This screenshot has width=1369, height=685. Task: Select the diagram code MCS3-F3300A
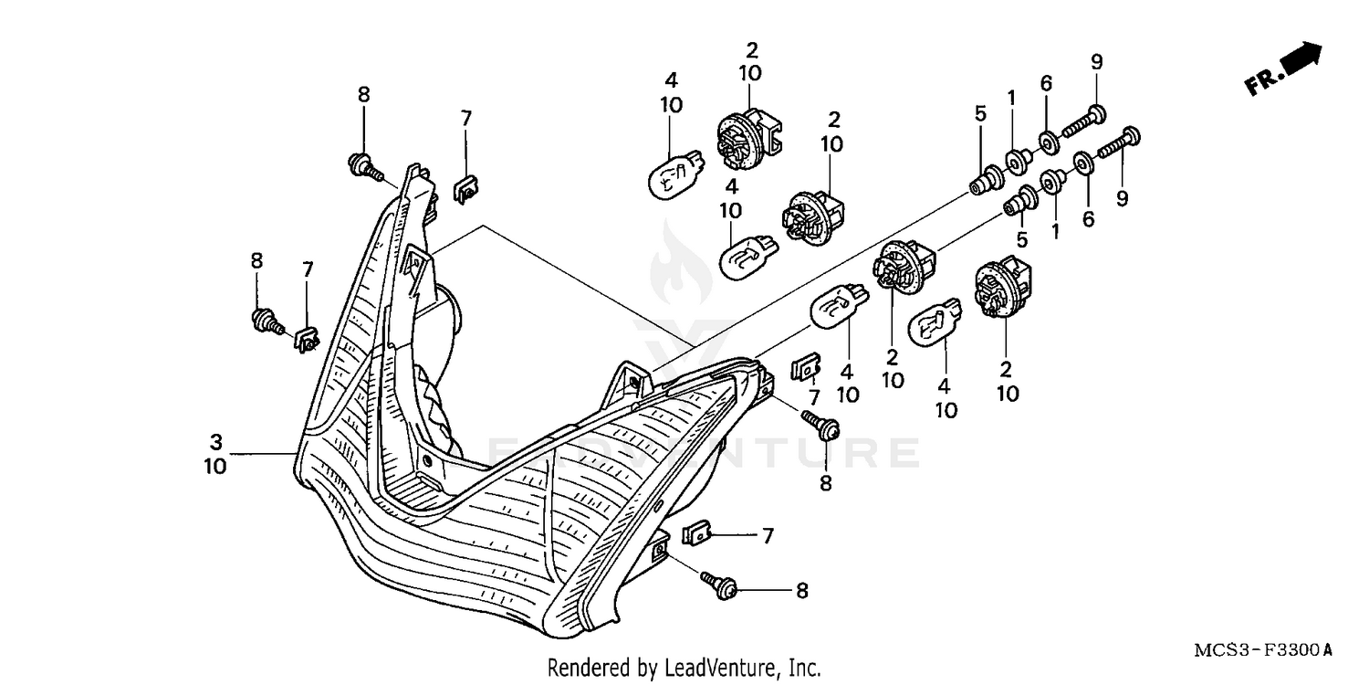coord(1262,651)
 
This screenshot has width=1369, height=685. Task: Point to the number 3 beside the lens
coord(215,443)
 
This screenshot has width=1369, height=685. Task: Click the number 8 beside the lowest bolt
coord(801,592)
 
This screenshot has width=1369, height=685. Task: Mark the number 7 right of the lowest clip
coord(768,536)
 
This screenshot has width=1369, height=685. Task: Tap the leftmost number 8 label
coord(256,261)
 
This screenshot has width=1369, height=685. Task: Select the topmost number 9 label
coord(1096,62)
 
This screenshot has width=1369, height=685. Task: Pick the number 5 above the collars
coord(980,114)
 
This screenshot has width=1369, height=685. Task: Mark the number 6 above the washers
coord(1046,84)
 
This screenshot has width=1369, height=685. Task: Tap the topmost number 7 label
coord(465,118)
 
